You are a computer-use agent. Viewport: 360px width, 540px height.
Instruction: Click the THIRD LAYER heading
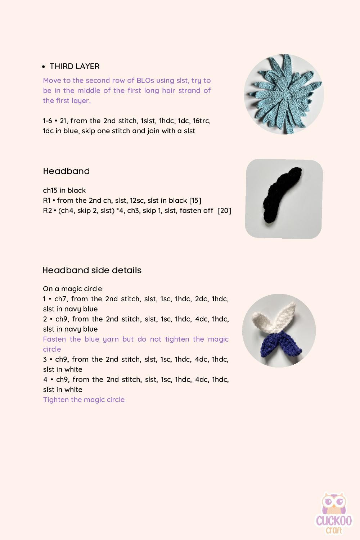[x=75, y=66]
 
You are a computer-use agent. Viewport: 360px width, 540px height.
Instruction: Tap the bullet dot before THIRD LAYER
[x=44, y=67]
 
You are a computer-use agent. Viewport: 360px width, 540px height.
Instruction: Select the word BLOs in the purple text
[x=145, y=80]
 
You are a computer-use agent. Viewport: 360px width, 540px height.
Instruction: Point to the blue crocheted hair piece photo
[x=284, y=94]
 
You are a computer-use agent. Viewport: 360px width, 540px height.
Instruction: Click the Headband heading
[x=66, y=171]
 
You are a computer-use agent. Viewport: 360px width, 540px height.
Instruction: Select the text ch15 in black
[x=64, y=190]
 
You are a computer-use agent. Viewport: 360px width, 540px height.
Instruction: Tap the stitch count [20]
[x=224, y=211]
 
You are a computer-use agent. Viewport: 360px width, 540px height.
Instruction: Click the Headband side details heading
[x=92, y=270]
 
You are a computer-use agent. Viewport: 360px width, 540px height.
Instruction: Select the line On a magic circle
[x=72, y=289]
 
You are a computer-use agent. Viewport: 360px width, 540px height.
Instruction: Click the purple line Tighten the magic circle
[x=84, y=400]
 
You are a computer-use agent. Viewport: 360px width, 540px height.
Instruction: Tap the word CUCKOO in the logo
[x=334, y=521]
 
